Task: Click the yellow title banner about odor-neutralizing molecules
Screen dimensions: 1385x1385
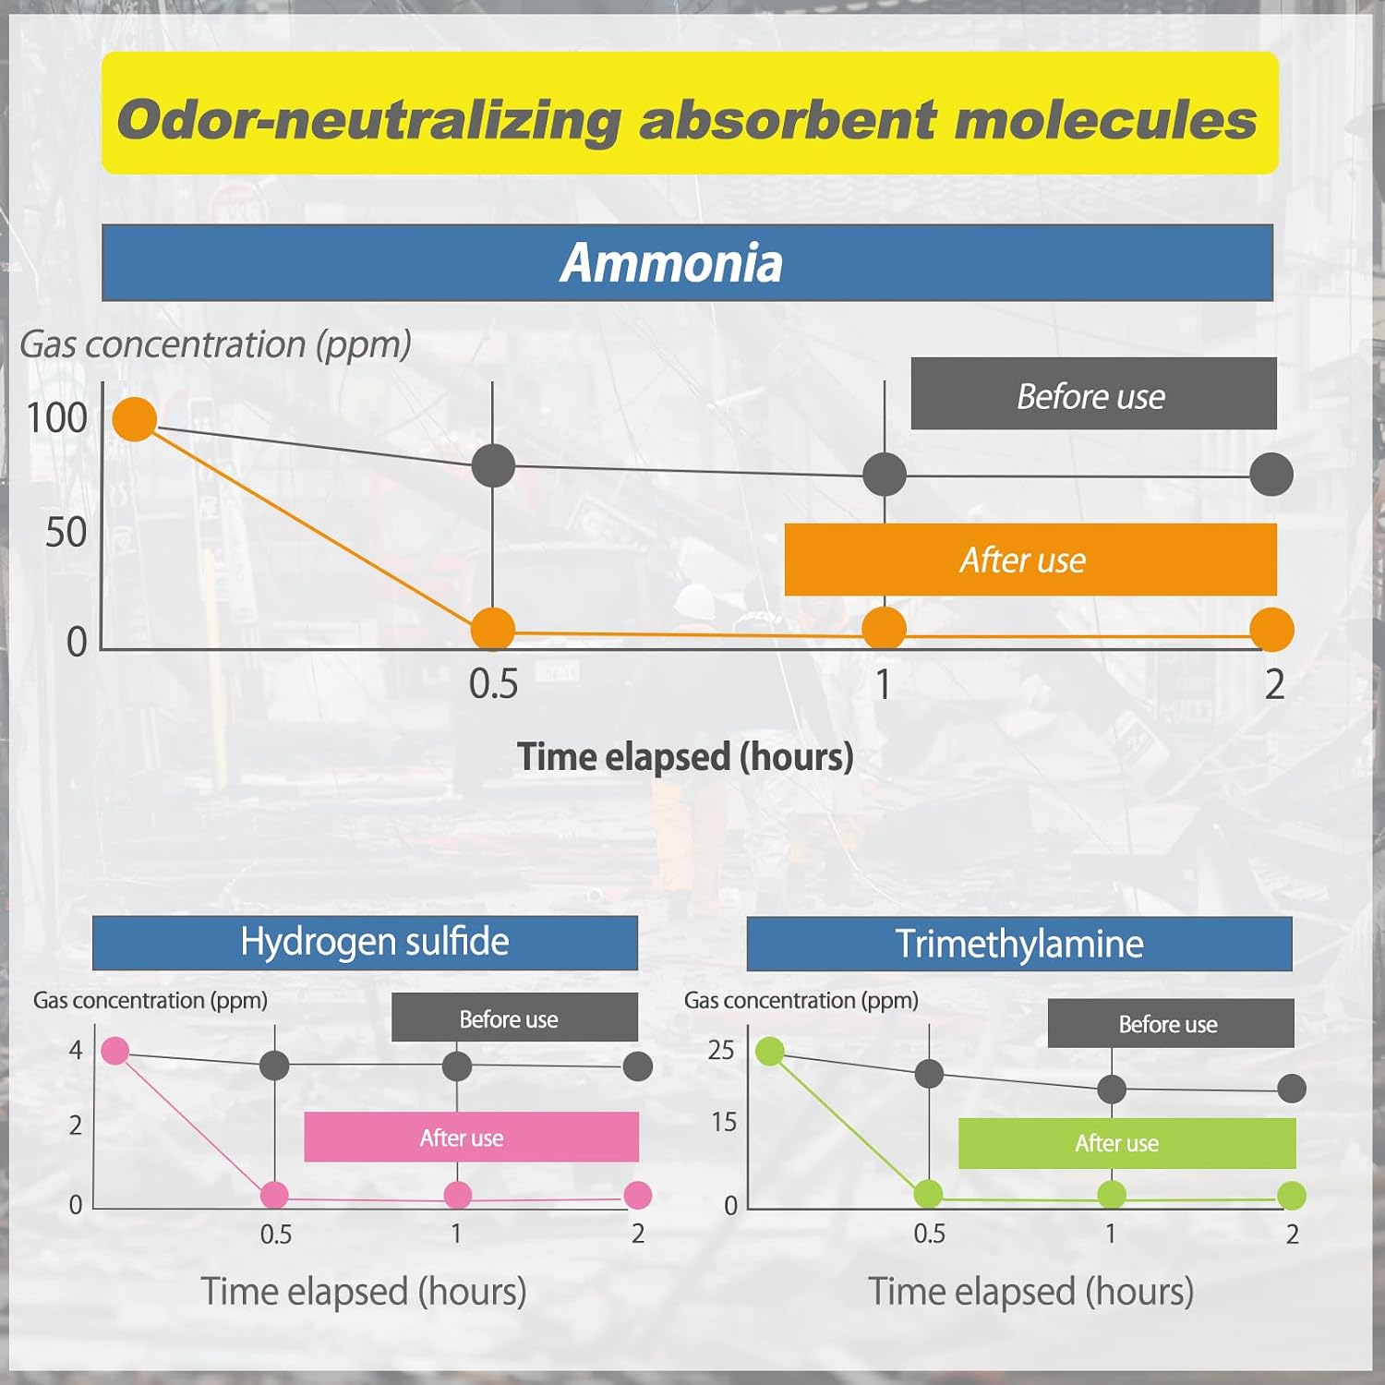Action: [x=690, y=113]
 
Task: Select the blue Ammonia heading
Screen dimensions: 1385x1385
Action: [x=687, y=262]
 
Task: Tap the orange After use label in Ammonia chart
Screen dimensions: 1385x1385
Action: [x=1030, y=560]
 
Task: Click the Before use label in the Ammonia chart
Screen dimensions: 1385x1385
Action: [x=1093, y=393]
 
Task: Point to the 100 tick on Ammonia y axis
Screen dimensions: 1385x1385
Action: [x=57, y=418]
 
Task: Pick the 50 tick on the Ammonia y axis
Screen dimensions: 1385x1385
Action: [x=66, y=533]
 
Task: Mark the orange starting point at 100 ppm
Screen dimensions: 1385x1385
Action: [x=135, y=419]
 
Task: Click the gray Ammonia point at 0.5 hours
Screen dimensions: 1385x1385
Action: [x=493, y=465]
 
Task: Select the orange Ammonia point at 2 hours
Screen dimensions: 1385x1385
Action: [x=1271, y=630]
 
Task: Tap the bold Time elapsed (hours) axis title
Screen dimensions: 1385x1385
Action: [x=685, y=756]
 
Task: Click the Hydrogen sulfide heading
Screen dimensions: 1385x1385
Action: [x=365, y=943]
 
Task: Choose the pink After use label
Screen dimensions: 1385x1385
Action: [x=472, y=1137]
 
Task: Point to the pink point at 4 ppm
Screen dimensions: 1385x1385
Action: [x=114, y=1051]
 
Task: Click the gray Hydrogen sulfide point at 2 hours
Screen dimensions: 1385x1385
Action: [x=638, y=1066]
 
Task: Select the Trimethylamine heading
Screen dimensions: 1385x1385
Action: [x=1019, y=944]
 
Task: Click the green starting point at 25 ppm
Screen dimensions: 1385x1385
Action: [x=770, y=1051]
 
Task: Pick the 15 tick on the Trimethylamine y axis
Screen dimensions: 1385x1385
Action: [x=724, y=1122]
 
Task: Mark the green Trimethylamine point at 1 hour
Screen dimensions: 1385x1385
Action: [x=1112, y=1195]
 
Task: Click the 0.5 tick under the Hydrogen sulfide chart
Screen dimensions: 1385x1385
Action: [x=276, y=1234]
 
